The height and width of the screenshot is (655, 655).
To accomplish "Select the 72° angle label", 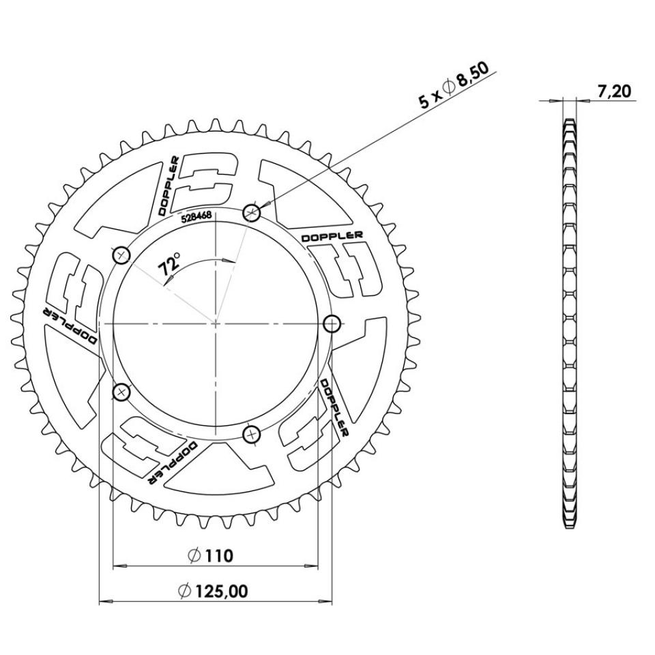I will click(170, 265).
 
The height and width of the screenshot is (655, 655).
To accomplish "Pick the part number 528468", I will click(195, 218).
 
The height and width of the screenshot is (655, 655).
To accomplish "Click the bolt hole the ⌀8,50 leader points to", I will click(252, 213).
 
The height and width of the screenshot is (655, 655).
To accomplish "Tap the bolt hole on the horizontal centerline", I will click(332, 323).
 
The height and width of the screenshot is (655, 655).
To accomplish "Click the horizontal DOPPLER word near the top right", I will click(332, 235).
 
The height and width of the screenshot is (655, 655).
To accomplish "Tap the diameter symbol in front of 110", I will click(193, 556).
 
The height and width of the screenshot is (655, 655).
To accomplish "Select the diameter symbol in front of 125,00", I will click(185, 592).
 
